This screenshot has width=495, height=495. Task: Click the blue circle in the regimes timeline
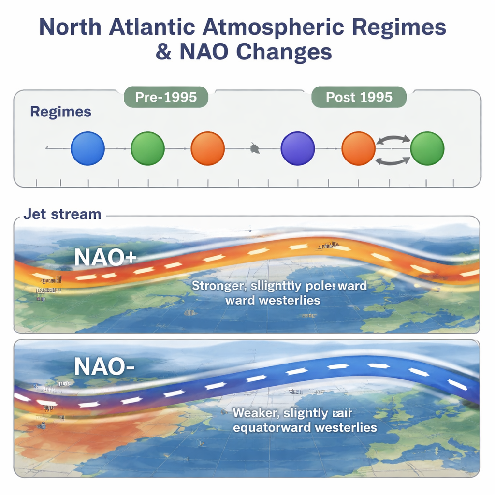point(87,148)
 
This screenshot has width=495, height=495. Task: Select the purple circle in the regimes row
point(298,148)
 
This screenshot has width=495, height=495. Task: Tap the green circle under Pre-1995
point(148,148)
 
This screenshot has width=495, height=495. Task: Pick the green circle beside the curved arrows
point(427,148)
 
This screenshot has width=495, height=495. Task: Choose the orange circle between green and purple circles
point(208,148)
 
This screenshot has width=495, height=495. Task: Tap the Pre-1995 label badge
point(166,97)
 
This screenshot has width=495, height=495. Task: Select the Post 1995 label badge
point(359,97)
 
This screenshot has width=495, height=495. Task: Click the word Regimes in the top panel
point(60,112)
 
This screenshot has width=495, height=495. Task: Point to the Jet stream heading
point(62,214)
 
